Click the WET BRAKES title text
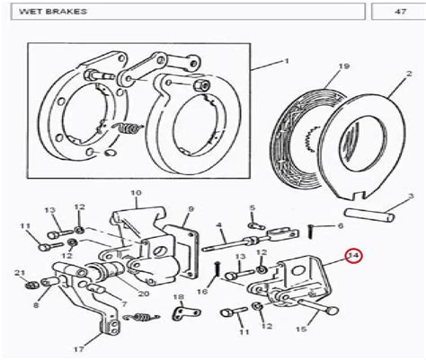click(53, 12)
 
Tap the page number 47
click(400, 12)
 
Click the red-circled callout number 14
click(354, 256)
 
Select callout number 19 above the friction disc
click(343, 66)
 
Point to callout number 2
click(410, 74)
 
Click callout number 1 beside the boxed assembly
click(287, 61)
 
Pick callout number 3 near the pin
click(411, 197)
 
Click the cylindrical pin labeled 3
click(369, 215)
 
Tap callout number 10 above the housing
click(136, 193)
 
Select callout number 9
click(191, 209)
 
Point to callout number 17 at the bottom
click(78, 348)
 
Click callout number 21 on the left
click(20, 273)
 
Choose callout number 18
click(179, 296)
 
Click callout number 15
click(301, 329)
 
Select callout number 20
click(144, 294)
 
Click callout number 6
click(341, 225)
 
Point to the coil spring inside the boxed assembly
click(129, 128)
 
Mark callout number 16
click(202, 291)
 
